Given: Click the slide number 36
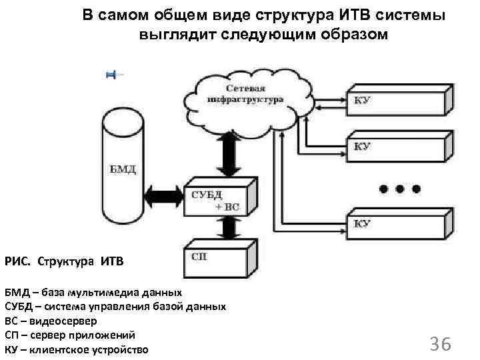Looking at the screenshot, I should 441,344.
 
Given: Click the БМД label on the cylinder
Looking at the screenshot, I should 122,169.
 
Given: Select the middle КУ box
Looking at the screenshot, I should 396,147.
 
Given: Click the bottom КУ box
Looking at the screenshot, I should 396,225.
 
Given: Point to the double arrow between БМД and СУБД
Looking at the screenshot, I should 163,195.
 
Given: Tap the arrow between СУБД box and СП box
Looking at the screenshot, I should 229,229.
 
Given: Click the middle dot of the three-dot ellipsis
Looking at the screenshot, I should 400,189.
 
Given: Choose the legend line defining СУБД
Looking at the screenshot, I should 115,307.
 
